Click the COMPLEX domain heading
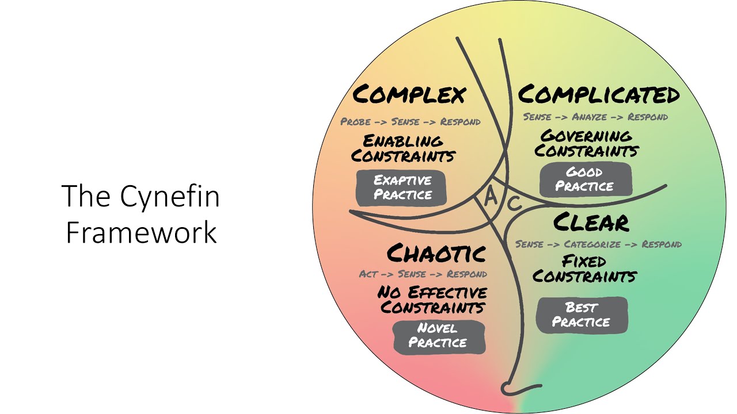[x=409, y=94]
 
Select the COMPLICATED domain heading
[x=599, y=94]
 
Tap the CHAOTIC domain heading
[x=436, y=253]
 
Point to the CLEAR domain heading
[x=591, y=223]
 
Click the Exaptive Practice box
[x=402, y=187]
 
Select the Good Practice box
[x=584, y=179]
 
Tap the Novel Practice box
[x=439, y=336]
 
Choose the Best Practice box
[x=581, y=315]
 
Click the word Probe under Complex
[x=355, y=122]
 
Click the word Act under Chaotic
[x=368, y=274]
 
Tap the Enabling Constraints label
[x=403, y=148]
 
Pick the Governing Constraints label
[x=586, y=144]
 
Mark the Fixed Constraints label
[x=584, y=269]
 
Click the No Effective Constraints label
[x=432, y=300]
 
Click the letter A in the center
[x=491, y=197]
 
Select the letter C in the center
[x=514, y=203]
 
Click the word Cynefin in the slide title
[x=170, y=197]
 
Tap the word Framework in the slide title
[x=141, y=232]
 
